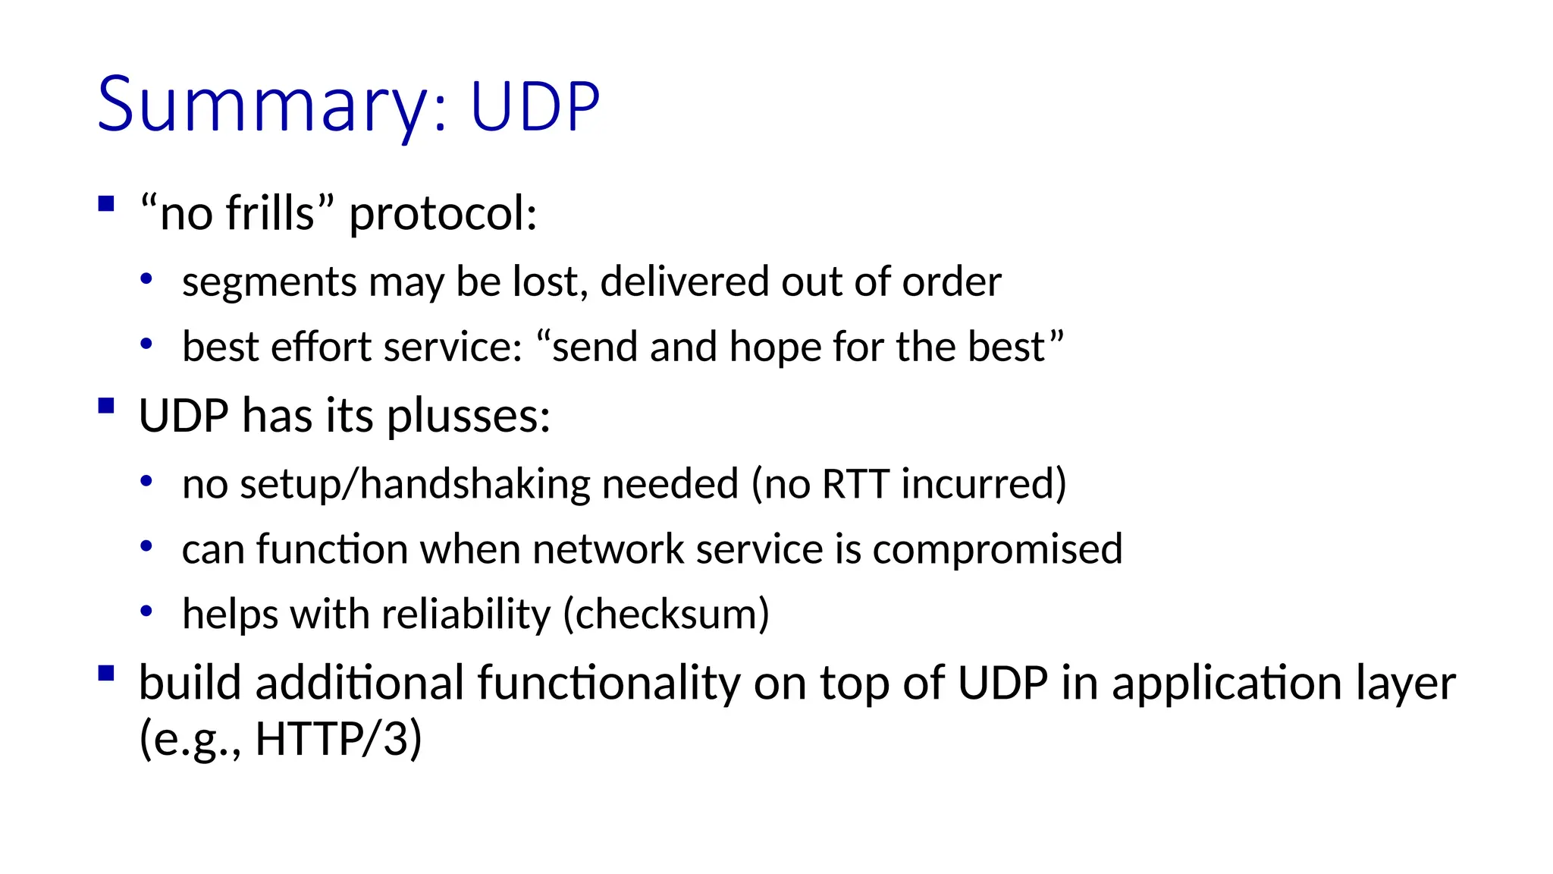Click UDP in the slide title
tap(535, 106)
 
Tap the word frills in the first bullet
tap(270, 213)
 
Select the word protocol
tap(442, 215)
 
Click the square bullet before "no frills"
tap(106, 203)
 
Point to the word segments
tap(269, 283)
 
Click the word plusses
tap(468, 417)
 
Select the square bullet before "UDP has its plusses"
tap(106, 405)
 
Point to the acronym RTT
tap(855, 484)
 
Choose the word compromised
tap(997, 550)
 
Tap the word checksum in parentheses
tap(667, 615)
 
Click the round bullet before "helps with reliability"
tap(146, 611)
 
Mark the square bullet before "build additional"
tap(106, 673)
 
